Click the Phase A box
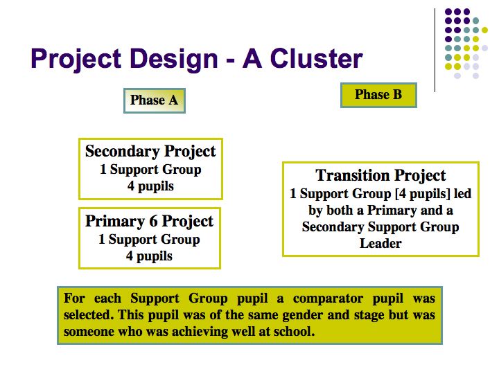point(155,100)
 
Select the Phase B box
point(378,95)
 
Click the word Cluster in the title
point(316,58)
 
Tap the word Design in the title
point(174,59)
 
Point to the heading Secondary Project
point(150,151)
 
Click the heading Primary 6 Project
point(149,222)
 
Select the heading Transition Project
point(380,175)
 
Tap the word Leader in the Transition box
point(380,244)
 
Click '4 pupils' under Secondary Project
point(150,186)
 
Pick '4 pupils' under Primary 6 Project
point(149,256)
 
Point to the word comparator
point(328,299)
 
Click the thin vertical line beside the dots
point(435,51)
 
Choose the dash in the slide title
point(230,60)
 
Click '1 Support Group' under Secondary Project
point(150,170)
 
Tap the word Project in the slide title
point(76,59)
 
